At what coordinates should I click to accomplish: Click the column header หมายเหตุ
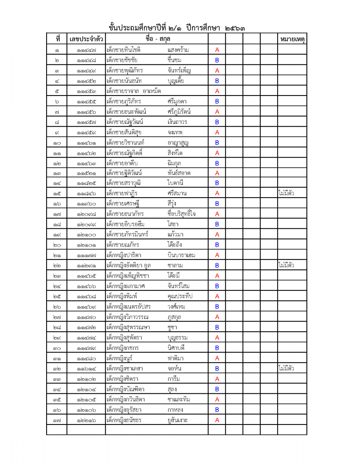click(292, 39)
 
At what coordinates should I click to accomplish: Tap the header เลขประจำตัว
click(86, 39)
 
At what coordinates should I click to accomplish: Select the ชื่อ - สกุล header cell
click(157, 39)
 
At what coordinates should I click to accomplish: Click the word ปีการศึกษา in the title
click(203, 28)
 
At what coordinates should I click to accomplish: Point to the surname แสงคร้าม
click(178, 50)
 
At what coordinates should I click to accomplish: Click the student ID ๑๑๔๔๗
click(86, 50)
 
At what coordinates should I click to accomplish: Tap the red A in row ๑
click(217, 50)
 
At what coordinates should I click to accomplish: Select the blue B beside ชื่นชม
click(217, 60)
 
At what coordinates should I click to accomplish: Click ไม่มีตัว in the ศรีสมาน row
click(286, 193)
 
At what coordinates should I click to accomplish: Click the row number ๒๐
click(57, 245)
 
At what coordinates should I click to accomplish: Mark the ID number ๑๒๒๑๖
click(86, 420)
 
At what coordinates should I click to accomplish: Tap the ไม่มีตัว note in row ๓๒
click(286, 368)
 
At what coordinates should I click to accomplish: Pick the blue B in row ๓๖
click(217, 410)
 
